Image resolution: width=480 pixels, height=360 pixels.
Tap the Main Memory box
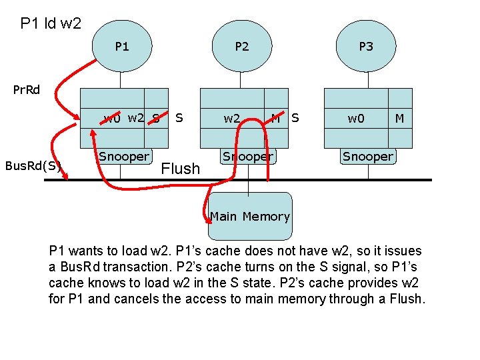250,217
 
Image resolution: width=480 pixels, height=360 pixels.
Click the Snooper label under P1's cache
124,157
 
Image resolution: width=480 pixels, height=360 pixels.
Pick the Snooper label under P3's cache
367,157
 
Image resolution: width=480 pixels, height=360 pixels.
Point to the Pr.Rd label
27,89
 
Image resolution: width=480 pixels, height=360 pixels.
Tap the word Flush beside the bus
181,169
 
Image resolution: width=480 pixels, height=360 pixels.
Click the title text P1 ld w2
51,24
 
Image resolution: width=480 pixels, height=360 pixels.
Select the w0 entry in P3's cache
356,119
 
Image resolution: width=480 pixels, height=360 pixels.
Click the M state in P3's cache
399,119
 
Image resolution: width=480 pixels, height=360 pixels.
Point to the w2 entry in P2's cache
232,119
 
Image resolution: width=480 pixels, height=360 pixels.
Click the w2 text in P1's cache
136,118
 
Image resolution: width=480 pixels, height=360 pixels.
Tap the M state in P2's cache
275,119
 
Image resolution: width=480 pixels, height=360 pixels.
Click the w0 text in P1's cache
112,119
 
